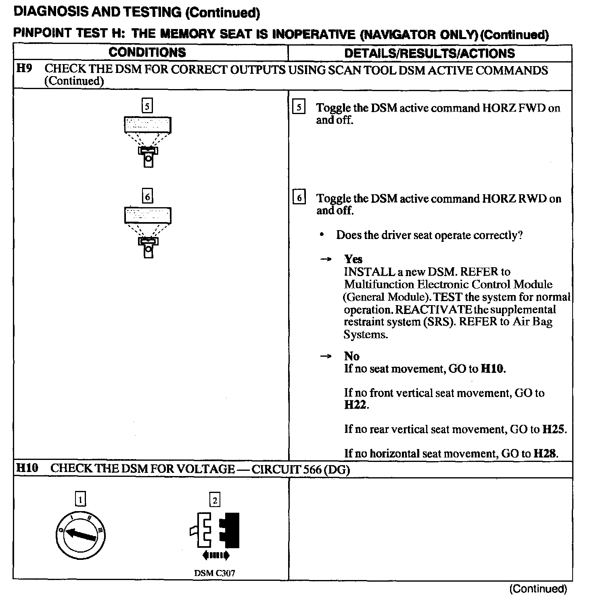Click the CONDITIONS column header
[x=147, y=52]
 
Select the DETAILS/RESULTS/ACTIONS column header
[x=429, y=53]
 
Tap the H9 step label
[x=24, y=69]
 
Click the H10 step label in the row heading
[x=27, y=468]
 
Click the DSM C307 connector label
[x=214, y=573]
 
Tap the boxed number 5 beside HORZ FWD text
[x=299, y=108]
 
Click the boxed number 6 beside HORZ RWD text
[x=299, y=198]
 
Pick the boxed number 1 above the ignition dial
[x=81, y=500]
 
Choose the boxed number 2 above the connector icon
[x=215, y=500]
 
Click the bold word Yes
[x=353, y=259]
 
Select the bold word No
[x=351, y=356]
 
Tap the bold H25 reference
[x=553, y=429]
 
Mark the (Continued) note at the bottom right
[x=538, y=589]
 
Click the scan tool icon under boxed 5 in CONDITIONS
[x=148, y=141]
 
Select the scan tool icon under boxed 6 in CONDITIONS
[x=148, y=232]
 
